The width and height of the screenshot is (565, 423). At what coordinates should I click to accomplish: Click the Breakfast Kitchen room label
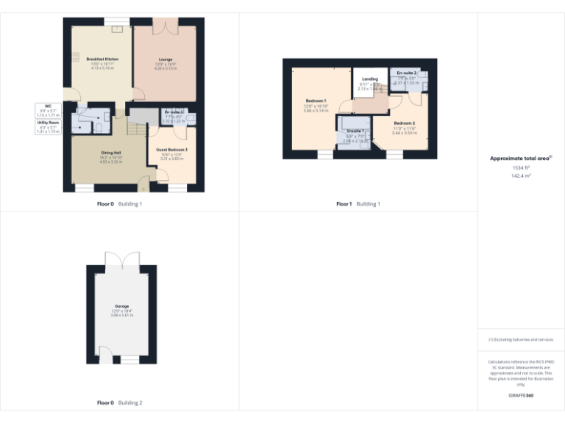(x=102, y=59)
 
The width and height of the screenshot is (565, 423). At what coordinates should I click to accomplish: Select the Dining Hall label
(x=110, y=153)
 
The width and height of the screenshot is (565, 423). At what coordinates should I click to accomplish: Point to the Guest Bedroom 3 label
(x=171, y=150)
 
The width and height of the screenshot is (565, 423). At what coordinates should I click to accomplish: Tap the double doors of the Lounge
(x=165, y=26)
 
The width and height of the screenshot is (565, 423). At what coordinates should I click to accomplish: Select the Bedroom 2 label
(x=404, y=123)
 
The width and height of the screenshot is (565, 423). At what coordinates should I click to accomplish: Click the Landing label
(x=369, y=79)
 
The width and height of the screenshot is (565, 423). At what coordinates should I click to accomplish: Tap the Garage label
(x=121, y=305)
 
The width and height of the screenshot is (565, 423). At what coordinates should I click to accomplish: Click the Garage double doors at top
(x=121, y=261)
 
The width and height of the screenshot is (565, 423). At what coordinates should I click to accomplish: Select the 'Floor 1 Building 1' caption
(x=358, y=203)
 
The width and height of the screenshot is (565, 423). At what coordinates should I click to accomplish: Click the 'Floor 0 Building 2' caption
(x=120, y=402)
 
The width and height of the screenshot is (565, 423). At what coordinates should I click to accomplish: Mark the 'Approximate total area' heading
(x=520, y=158)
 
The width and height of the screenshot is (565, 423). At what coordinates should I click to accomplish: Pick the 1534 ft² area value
(x=521, y=168)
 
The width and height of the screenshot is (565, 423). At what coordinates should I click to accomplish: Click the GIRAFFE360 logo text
(x=521, y=396)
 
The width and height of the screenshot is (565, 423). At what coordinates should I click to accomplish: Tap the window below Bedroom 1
(x=324, y=154)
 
